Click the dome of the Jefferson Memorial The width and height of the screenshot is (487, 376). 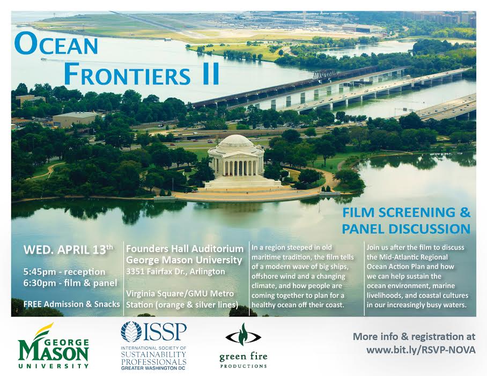click(236, 142)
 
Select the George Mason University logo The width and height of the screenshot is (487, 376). click(54, 346)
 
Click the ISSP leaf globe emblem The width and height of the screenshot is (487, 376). click(131, 331)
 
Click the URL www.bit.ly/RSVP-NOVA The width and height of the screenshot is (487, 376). click(421, 350)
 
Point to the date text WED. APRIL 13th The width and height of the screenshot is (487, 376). click(69, 250)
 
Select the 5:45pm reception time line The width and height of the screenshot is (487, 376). click(64, 272)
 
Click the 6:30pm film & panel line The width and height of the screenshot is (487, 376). click(70, 283)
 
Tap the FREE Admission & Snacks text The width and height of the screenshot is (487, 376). click(72, 304)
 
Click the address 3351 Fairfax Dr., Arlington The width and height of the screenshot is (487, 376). click(175, 271)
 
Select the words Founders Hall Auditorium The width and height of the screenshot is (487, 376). click(185, 249)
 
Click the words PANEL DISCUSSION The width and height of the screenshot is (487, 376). click(406, 229)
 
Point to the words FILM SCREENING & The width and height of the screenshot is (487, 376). click(406, 213)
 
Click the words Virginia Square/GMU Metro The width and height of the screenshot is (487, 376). click(180, 293)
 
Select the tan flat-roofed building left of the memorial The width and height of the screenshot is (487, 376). click(75, 119)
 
